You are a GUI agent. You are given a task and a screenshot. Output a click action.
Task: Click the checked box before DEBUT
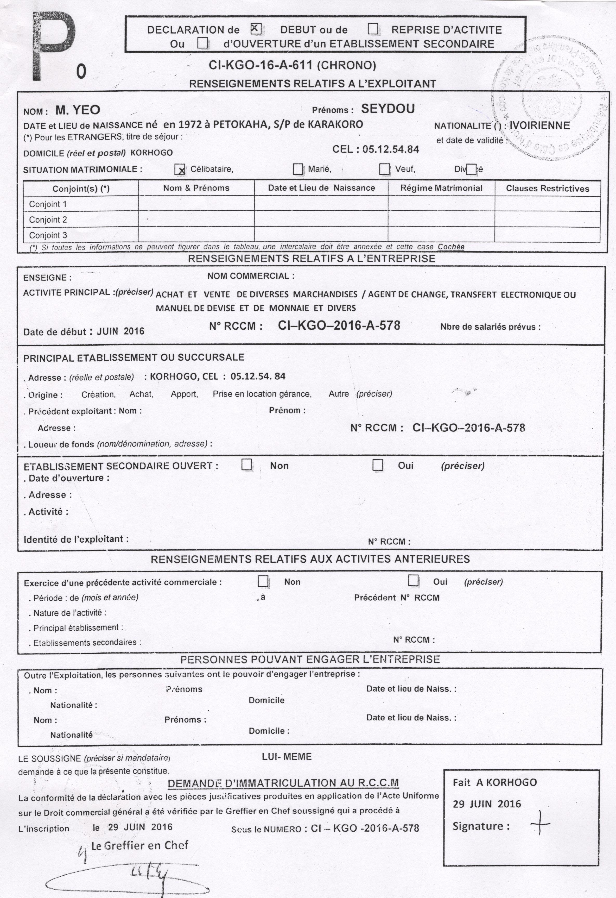pos(256,29)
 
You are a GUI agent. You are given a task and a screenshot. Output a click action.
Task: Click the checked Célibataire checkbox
pos(180,169)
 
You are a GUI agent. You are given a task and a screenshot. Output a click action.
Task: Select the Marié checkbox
pos(298,169)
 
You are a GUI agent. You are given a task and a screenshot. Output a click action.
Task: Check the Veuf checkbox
pos(384,169)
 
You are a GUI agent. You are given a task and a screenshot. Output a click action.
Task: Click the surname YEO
pos(88,110)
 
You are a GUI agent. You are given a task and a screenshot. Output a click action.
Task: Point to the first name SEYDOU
pos(388,109)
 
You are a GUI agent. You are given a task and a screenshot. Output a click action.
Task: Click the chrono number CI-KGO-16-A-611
pos(260,65)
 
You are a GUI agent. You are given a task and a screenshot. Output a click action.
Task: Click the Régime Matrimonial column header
pos(441,188)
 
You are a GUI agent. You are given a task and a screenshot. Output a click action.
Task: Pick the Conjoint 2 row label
pos(48,220)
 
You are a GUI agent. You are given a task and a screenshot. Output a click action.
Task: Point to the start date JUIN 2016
pos(120,331)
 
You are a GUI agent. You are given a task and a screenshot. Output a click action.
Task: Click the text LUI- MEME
pos(287,757)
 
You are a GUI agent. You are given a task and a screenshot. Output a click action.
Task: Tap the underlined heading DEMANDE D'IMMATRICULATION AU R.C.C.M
pos(283,783)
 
